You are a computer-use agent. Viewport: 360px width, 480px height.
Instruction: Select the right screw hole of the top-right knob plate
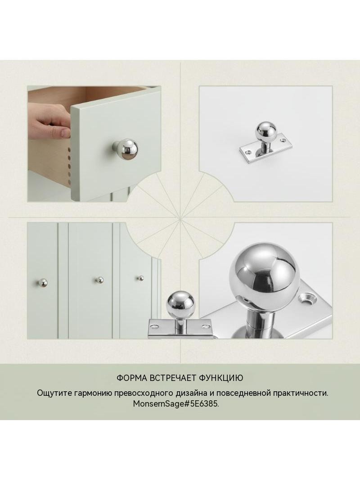282,141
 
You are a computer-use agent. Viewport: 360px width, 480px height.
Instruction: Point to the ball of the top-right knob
265,132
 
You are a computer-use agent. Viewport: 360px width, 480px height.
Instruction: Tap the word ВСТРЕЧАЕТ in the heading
173,378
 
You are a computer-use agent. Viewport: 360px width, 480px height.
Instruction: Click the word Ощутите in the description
54,394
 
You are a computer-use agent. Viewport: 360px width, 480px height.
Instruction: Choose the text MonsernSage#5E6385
176,404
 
